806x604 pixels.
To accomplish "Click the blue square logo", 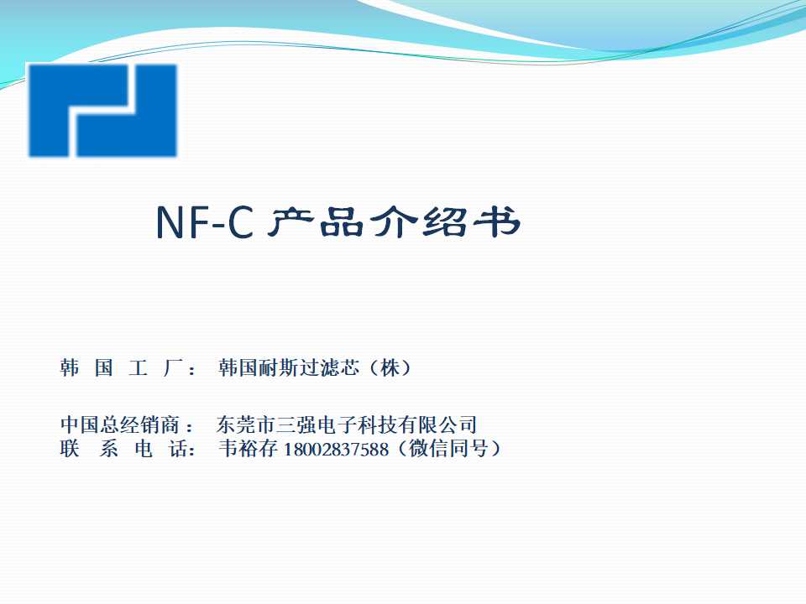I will (x=102, y=110).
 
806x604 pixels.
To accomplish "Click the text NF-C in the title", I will (x=204, y=223).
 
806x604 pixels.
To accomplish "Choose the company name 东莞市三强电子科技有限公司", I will (x=347, y=424).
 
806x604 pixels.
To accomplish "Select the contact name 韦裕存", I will (x=249, y=449).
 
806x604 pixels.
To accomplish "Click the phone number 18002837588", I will (x=337, y=450).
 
